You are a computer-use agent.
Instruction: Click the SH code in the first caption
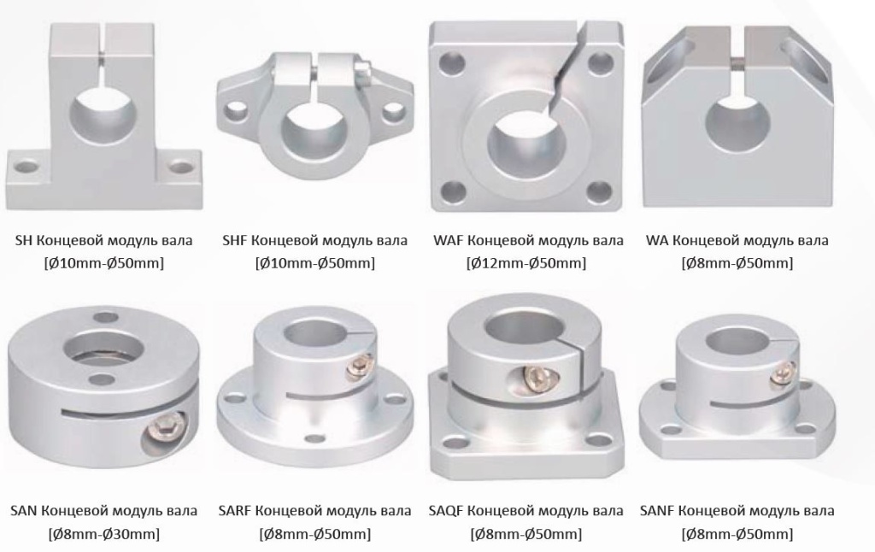point(24,241)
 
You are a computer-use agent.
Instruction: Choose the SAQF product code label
point(446,511)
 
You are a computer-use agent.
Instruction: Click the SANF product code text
point(657,511)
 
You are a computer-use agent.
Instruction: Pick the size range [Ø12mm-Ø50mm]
point(526,263)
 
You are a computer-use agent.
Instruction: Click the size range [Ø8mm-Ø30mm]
point(103,534)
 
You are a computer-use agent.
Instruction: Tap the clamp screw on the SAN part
point(165,429)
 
